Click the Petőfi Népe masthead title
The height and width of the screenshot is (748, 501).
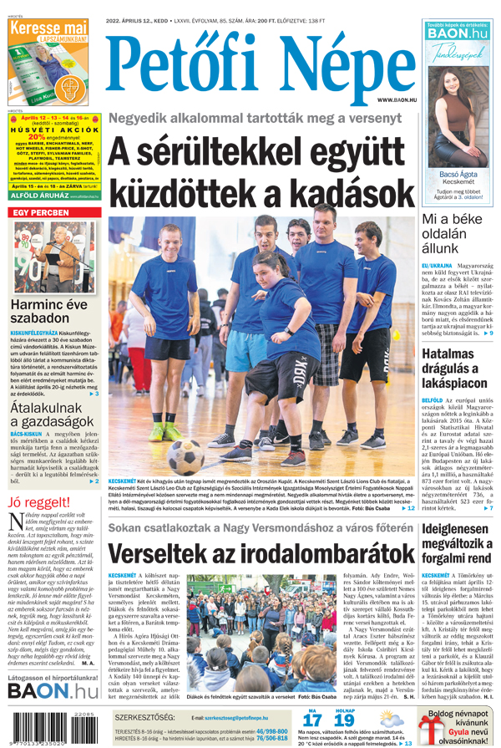[256, 63]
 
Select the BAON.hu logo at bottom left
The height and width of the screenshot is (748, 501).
[53, 691]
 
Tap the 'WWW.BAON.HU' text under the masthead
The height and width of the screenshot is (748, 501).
[396, 99]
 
